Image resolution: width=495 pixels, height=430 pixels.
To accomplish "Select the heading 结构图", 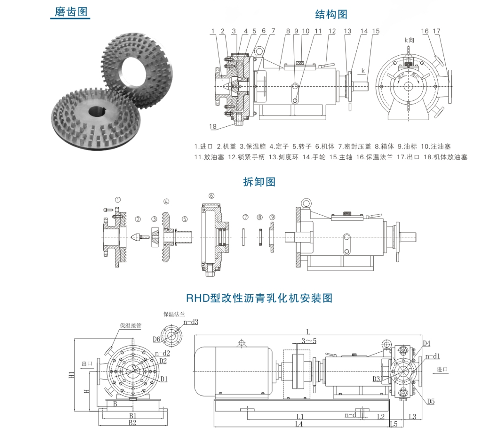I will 331,14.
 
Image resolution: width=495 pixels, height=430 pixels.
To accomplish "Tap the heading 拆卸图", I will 259,182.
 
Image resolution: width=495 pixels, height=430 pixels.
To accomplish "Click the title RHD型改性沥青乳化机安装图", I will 259,298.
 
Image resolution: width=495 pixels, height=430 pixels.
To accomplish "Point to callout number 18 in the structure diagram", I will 213,126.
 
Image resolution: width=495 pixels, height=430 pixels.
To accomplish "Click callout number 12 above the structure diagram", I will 332,31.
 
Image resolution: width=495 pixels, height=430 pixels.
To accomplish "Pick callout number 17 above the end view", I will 436,31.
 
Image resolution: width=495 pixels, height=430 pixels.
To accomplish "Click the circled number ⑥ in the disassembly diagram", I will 211,196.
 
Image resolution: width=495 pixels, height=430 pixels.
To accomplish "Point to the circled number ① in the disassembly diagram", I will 118,200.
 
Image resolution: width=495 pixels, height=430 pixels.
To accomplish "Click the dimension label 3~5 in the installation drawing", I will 308,340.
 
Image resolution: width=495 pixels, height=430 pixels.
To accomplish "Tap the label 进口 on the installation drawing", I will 442,369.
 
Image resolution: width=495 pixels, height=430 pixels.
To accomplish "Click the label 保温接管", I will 130,326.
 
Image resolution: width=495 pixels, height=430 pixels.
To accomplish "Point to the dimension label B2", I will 132,423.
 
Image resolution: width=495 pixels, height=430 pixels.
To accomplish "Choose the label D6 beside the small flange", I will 156,339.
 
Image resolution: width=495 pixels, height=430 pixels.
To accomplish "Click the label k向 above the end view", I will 409,40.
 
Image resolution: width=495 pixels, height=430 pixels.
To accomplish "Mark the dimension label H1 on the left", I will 72,375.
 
